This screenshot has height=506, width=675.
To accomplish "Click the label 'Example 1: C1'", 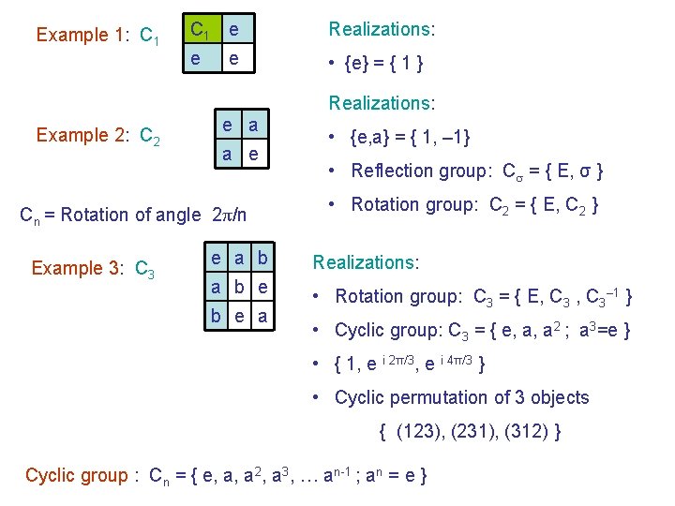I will pos(97,36).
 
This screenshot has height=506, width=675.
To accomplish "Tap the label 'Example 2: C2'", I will pos(97,136).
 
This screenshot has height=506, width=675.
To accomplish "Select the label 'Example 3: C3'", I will pos(93,269).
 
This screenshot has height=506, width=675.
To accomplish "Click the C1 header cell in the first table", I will pos(200,30).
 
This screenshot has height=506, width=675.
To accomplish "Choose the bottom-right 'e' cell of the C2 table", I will pos(254,153).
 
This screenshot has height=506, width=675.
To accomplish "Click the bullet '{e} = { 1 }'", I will pos(383,65).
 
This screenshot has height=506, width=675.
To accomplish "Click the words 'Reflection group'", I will pos(412,171).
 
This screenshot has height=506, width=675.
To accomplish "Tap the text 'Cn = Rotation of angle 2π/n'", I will pos(133,215).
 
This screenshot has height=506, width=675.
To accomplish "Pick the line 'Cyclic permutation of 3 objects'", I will pos(461,397).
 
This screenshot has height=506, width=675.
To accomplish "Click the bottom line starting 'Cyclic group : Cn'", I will pos(227,476).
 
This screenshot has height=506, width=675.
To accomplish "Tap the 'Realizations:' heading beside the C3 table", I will pos(366,262).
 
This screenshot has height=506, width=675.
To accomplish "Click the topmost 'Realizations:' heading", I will pos(381,29).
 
